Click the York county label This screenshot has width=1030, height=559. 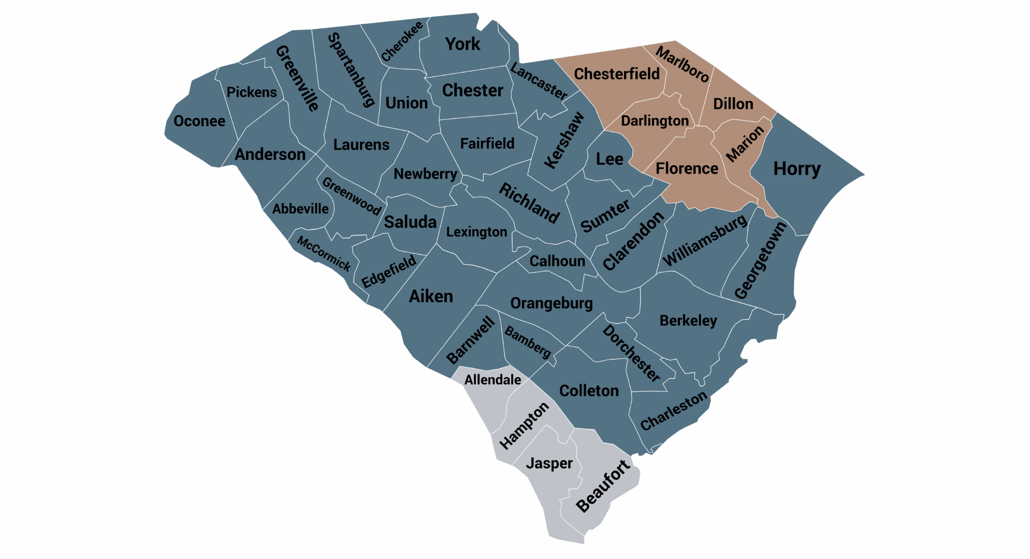point(463,44)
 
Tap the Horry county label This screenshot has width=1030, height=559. point(797,169)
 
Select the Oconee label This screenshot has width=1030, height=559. point(199,121)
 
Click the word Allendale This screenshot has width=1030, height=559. point(492,380)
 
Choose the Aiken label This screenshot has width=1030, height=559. point(431,296)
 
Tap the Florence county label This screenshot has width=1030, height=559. point(687,169)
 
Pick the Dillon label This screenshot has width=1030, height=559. point(733,104)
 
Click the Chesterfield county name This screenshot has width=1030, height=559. point(617,74)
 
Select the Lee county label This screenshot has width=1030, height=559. point(610,159)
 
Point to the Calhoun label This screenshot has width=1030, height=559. point(557,261)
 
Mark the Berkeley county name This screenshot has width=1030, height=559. point(688,321)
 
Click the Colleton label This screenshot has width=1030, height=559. point(589,391)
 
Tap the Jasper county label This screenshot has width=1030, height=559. point(549,463)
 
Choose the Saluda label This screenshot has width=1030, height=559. point(410,222)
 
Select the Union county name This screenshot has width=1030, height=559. point(406,103)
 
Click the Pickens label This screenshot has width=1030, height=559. point(251,92)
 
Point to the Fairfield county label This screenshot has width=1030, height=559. point(487,144)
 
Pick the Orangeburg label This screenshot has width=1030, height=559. point(551,303)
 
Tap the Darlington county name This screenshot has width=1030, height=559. point(655,121)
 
